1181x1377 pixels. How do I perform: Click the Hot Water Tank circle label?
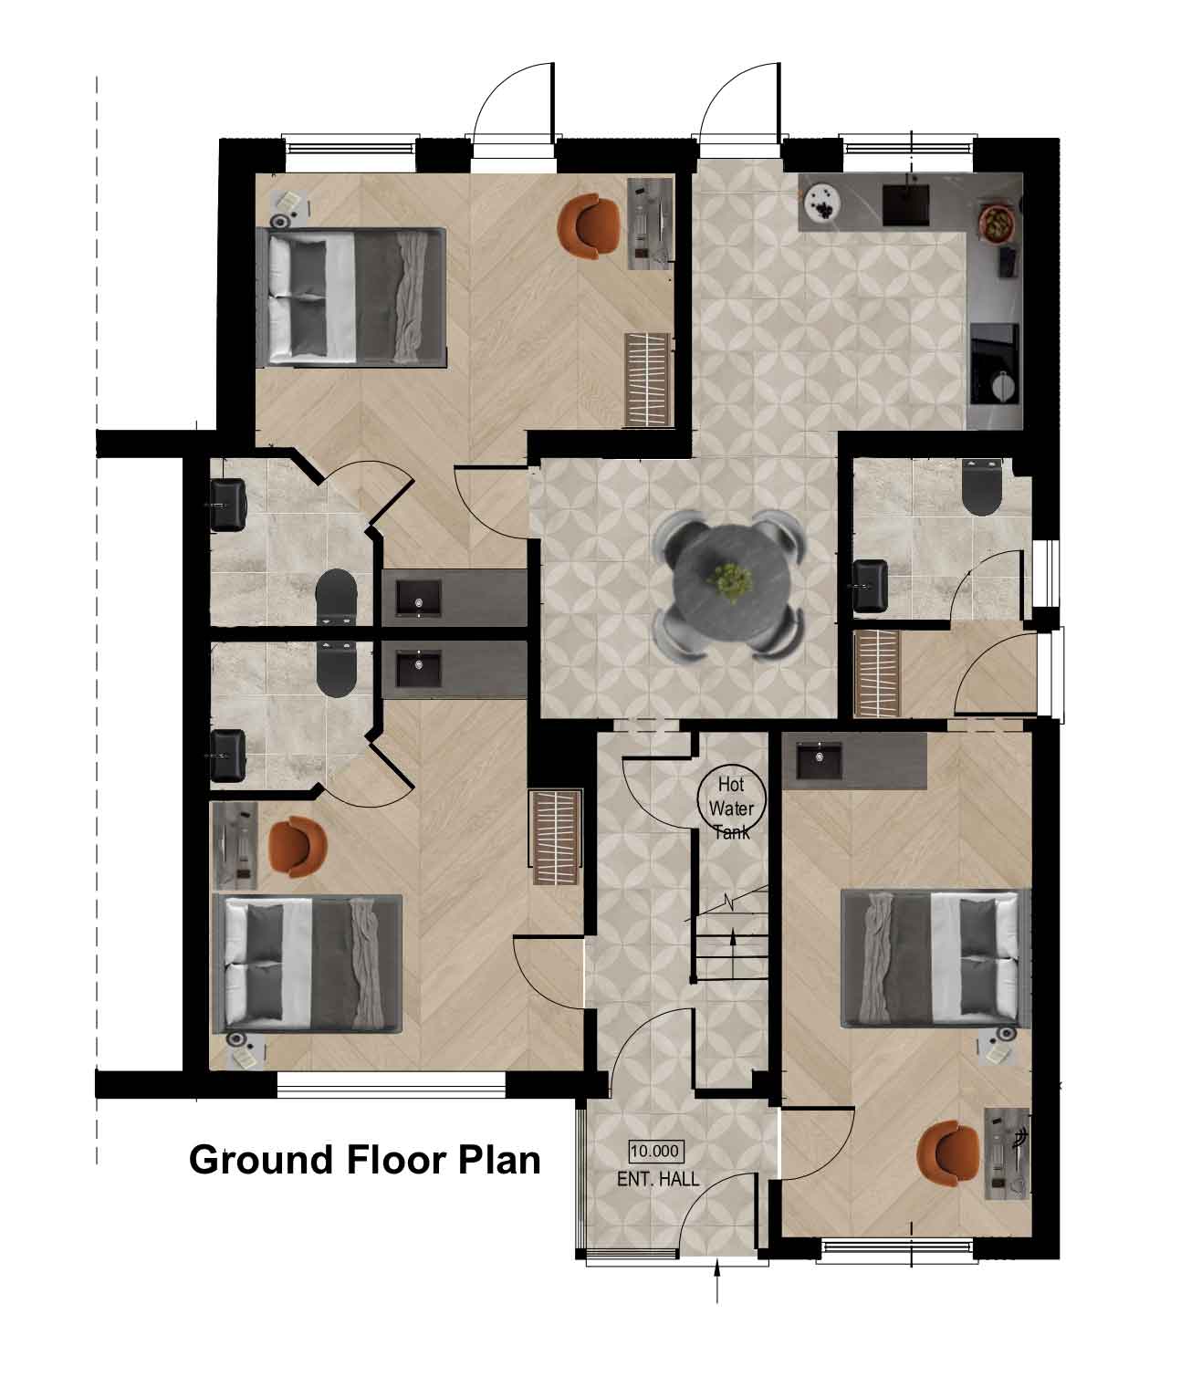(x=731, y=797)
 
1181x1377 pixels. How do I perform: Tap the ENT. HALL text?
(x=658, y=1180)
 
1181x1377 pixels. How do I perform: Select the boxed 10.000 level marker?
(x=656, y=1152)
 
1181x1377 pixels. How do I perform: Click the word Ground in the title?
(x=262, y=1160)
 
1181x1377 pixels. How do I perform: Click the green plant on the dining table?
(x=731, y=581)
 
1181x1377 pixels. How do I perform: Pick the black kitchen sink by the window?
(x=905, y=204)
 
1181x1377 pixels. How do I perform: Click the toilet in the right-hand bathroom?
(x=982, y=487)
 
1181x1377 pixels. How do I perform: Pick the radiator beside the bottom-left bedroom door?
(x=556, y=838)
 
